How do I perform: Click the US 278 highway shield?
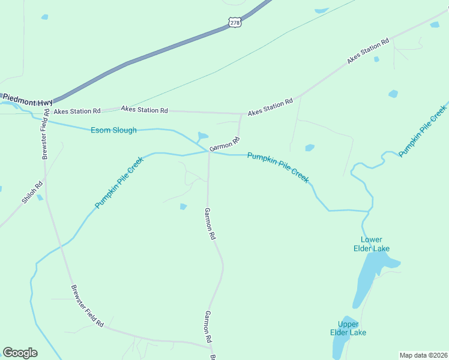(234, 22)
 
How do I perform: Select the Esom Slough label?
(113, 130)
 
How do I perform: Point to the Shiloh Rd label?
(32, 192)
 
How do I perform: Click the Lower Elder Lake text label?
(375, 244)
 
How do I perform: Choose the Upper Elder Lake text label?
(348, 328)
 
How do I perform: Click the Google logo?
(20, 353)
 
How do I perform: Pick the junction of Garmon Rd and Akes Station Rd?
(241, 113)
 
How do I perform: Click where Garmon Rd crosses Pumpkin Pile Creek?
(209, 152)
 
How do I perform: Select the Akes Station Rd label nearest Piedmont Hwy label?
(77, 111)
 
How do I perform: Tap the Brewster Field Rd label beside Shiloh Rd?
(44, 134)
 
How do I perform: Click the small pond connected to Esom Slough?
(203, 136)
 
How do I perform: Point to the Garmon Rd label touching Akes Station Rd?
(225, 144)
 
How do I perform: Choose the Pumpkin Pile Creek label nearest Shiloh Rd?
(119, 182)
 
